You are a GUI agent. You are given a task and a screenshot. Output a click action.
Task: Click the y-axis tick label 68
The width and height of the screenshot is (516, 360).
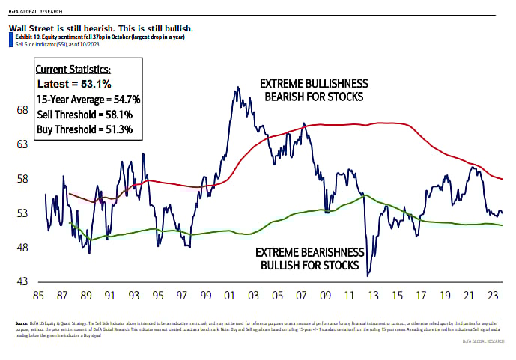pyautogui.click(x=22, y=110)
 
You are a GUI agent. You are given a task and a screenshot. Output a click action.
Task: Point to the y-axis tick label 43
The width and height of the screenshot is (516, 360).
pyautogui.click(x=22, y=282)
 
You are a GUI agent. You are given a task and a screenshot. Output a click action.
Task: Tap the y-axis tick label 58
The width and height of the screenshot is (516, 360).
pyautogui.click(x=22, y=179)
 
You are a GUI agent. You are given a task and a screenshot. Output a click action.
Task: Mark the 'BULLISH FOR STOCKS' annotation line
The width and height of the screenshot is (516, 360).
pyautogui.click(x=307, y=265)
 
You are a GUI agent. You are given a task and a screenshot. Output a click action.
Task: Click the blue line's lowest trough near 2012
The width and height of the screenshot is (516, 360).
pyautogui.click(x=368, y=276)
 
